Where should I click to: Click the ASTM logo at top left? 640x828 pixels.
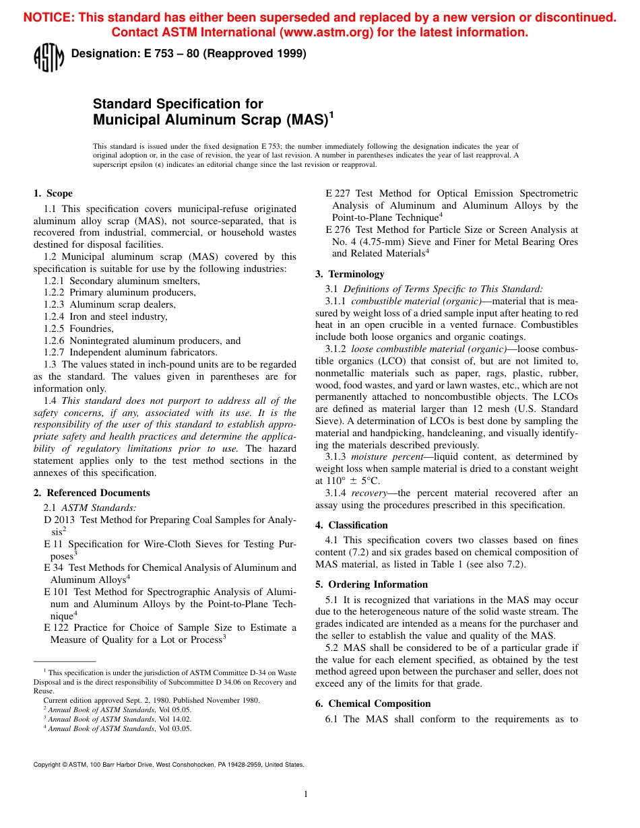click(x=49, y=57)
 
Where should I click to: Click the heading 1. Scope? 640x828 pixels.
click(x=53, y=193)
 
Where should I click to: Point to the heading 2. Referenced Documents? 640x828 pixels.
click(x=92, y=493)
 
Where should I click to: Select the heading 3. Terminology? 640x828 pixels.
click(x=350, y=274)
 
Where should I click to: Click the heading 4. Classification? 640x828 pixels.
click(x=352, y=525)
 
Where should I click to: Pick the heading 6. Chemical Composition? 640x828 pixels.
click(x=373, y=703)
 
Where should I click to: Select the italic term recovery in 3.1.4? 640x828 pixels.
click(x=369, y=493)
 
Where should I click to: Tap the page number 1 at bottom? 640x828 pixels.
click(x=305, y=794)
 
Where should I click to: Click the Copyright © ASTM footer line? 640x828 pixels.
click(x=168, y=764)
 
